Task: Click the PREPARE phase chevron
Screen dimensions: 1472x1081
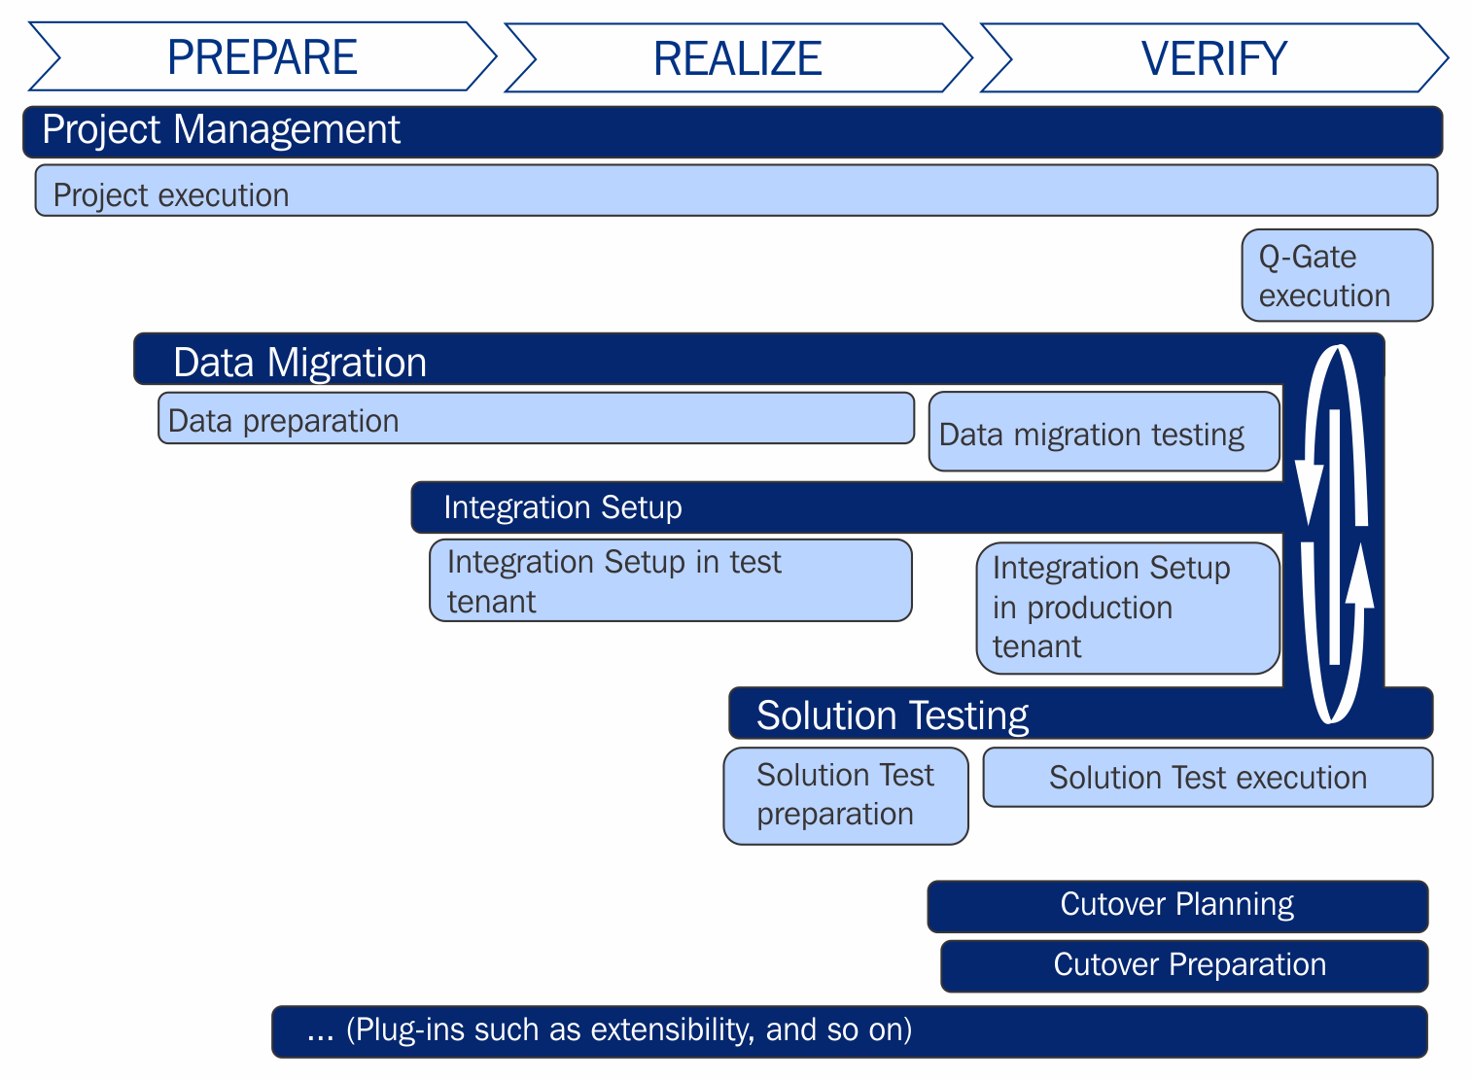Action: [x=263, y=56]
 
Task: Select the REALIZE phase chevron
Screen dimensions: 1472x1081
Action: [x=738, y=57]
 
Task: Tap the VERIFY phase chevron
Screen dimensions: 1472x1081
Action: [x=1214, y=57]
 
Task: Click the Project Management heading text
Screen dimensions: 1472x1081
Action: [x=221, y=128]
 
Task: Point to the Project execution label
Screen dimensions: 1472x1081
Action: [x=171, y=195]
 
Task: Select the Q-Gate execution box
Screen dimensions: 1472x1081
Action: [x=1337, y=275]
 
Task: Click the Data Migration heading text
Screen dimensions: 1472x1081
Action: [x=299, y=362]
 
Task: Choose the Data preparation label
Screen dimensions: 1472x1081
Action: [x=283, y=421]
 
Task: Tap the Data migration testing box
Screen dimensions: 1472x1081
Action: [x=1104, y=432]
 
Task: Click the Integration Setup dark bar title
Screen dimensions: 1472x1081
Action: [x=563, y=507]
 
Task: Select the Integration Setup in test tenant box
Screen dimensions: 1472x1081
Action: [x=670, y=581]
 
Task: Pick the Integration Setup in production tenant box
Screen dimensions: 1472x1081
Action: [x=1129, y=609]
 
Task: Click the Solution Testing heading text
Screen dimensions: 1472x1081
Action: [x=892, y=715]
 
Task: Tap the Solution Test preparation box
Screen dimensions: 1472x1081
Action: [x=846, y=796]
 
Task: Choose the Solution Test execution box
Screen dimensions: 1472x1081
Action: [x=1208, y=778]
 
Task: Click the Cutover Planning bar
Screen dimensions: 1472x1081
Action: [x=1177, y=907]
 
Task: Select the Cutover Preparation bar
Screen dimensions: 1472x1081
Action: [x=1184, y=966]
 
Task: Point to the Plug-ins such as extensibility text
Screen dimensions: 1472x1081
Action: [x=610, y=1029]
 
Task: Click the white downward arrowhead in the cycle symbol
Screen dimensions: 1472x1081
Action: [x=1309, y=493]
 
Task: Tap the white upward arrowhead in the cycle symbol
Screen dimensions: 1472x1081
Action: [x=1359, y=575]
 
